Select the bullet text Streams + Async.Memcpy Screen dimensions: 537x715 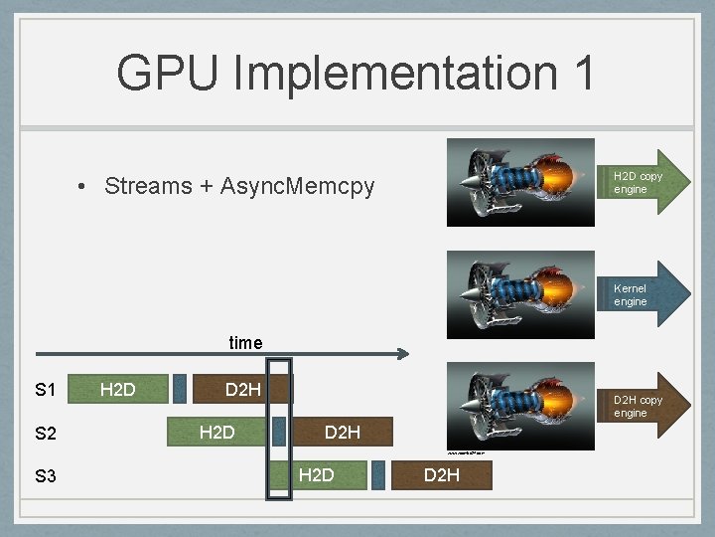pyautogui.click(x=239, y=186)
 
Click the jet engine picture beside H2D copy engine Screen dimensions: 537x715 pyautogui.click(x=520, y=183)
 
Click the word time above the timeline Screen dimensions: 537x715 pyautogui.click(x=245, y=343)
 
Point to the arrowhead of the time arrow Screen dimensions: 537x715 pyautogui.click(x=402, y=353)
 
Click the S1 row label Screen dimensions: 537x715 pyautogui.click(x=45, y=389)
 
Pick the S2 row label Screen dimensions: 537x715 pyautogui.click(x=45, y=433)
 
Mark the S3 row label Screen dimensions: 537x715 pyautogui.click(x=45, y=476)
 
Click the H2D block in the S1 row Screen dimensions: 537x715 pyautogui.click(x=117, y=389)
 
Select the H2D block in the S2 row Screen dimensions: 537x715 pyautogui.click(x=216, y=433)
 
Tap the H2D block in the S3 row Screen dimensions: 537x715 pyautogui.click(x=316, y=476)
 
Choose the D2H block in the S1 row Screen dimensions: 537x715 pyautogui.click(x=242, y=389)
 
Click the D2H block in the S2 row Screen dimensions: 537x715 pyautogui.click(x=343, y=433)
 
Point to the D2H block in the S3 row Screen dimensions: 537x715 pyautogui.click(x=442, y=476)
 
